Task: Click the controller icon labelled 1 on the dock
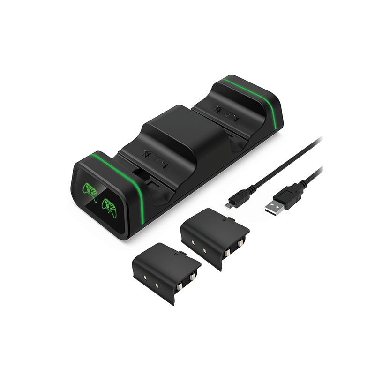click(x=90, y=190)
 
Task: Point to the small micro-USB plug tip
click(x=228, y=205)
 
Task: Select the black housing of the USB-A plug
click(x=291, y=194)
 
